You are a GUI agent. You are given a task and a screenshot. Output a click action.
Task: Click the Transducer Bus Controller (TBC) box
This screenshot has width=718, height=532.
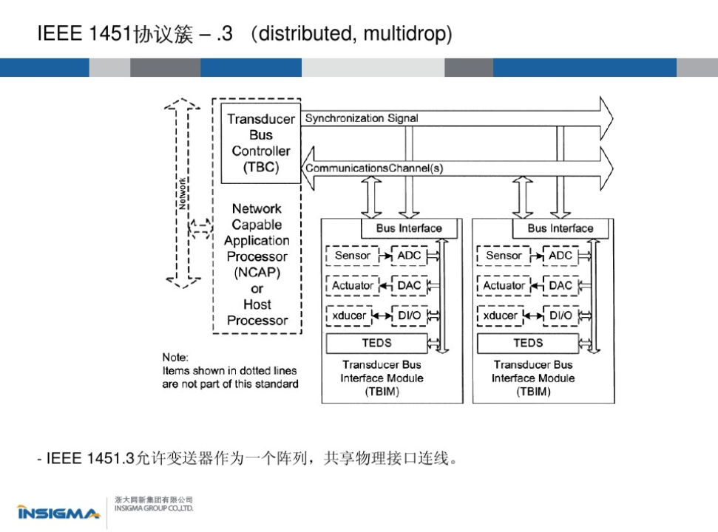click(260, 143)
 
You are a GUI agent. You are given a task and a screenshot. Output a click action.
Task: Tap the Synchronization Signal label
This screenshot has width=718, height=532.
click(361, 118)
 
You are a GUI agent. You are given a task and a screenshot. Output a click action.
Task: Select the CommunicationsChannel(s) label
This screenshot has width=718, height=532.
click(373, 168)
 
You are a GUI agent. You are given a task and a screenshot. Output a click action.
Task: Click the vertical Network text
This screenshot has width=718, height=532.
click(182, 194)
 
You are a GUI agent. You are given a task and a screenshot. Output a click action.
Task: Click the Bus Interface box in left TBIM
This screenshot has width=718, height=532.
click(408, 228)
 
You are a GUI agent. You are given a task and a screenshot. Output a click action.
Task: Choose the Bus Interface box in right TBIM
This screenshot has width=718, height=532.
click(560, 228)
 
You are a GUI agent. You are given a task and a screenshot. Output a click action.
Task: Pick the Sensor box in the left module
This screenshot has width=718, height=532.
click(352, 256)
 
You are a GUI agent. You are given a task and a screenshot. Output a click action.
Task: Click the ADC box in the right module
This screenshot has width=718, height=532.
click(560, 256)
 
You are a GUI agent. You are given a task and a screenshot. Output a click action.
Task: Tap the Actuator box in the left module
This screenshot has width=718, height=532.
click(352, 285)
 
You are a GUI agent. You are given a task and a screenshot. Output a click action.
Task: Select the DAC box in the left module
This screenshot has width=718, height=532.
click(408, 285)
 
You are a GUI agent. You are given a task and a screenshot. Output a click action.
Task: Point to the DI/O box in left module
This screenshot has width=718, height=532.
click(408, 316)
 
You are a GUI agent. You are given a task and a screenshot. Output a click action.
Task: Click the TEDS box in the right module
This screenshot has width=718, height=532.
click(528, 343)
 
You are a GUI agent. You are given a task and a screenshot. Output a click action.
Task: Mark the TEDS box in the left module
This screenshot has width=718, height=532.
click(376, 343)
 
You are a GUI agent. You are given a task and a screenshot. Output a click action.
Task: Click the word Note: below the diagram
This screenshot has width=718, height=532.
click(175, 358)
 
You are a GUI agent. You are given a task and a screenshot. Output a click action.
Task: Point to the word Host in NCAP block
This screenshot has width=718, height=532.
click(257, 304)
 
